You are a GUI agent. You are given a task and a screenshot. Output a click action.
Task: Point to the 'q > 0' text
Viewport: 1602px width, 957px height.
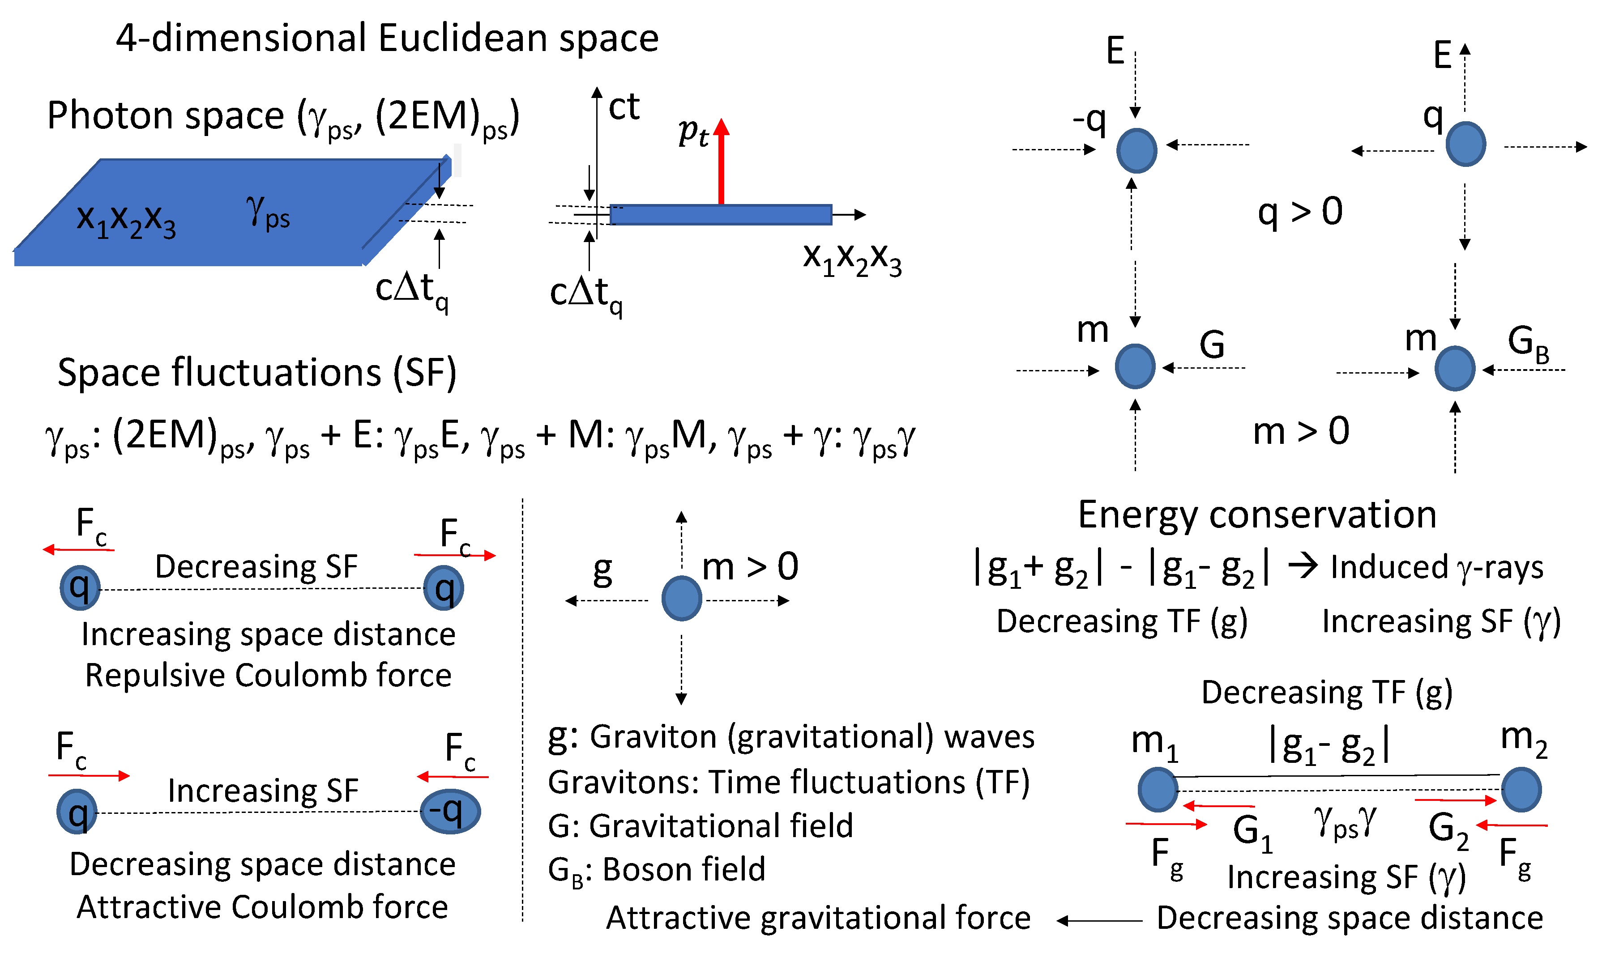1300,212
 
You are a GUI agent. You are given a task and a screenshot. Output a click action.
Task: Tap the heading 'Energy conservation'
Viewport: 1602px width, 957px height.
1257,515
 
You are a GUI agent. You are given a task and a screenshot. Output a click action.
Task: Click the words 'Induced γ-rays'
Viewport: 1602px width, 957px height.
1437,567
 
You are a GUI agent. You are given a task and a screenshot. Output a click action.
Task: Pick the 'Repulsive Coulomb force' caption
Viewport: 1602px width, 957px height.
269,675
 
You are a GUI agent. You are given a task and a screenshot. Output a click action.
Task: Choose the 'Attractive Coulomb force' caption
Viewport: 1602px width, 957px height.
262,907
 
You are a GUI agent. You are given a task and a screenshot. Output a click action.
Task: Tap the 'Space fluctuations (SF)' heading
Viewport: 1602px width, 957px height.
257,373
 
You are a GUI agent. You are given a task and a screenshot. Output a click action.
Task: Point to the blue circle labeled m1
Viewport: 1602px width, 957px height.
1158,789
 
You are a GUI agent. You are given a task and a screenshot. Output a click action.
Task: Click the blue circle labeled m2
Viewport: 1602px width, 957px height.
1521,789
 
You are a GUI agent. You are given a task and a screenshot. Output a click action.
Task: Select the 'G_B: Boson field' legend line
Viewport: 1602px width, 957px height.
656,870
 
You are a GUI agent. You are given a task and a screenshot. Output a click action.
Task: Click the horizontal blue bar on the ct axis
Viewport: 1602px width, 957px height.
721,215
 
